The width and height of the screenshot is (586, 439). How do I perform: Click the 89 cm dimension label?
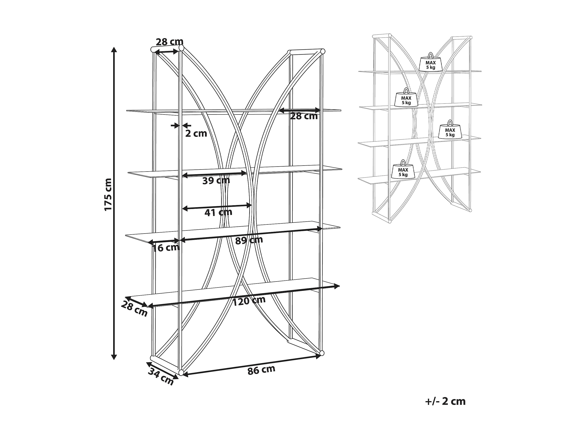click(x=249, y=240)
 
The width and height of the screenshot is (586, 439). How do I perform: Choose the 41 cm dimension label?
click(x=218, y=212)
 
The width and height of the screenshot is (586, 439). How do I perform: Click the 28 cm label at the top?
click(x=169, y=42)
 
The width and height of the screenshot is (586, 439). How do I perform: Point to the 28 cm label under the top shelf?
click(x=304, y=116)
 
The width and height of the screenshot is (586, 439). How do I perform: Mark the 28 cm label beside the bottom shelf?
click(x=134, y=309)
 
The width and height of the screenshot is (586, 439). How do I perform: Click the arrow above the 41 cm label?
click(x=217, y=206)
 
